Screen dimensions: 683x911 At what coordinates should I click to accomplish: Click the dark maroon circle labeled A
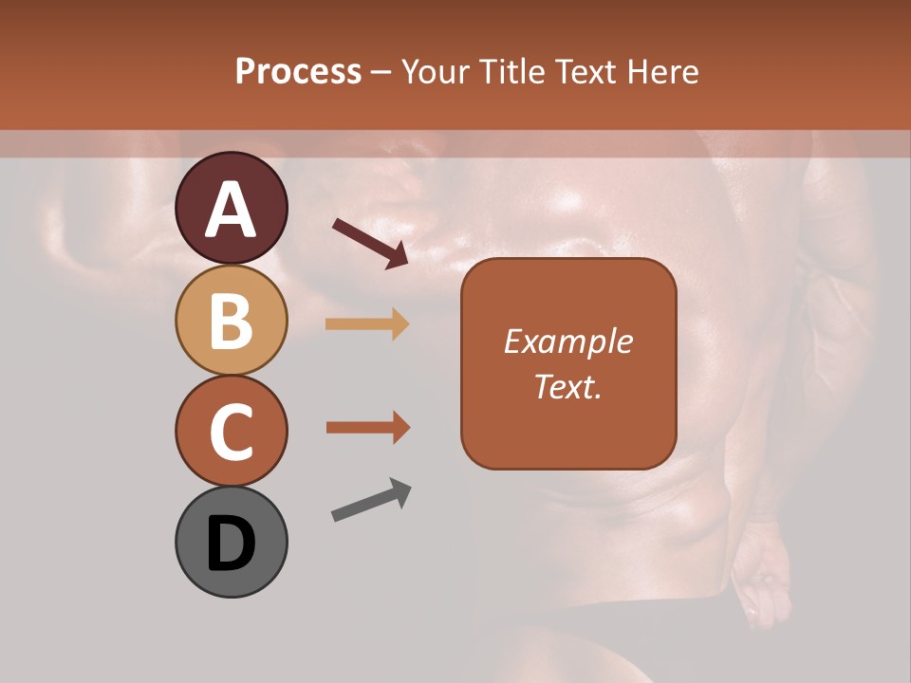point(231,208)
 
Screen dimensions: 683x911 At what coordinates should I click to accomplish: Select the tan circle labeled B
point(231,319)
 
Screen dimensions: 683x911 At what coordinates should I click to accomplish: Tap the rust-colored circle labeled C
point(231,431)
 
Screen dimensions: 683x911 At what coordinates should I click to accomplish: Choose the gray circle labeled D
point(231,542)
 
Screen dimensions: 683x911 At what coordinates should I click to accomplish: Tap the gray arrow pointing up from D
point(371,501)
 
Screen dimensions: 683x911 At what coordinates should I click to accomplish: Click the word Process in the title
point(298,72)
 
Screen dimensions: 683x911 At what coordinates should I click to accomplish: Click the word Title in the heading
point(512,72)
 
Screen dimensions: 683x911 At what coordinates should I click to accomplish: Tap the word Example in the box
point(567,341)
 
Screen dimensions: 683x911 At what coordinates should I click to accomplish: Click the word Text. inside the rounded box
point(567,386)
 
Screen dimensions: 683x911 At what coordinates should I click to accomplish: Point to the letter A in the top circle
point(231,211)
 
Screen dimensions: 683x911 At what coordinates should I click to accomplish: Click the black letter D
point(231,545)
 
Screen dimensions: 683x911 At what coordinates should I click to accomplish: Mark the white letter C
point(231,432)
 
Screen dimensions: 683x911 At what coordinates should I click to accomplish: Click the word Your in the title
point(437,72)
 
